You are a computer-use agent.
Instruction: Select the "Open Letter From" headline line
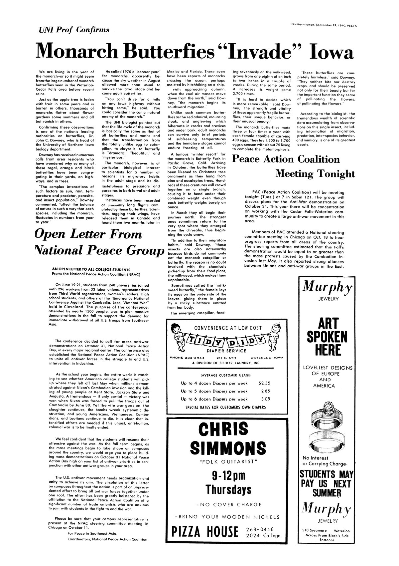click(x=89, y=234)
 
